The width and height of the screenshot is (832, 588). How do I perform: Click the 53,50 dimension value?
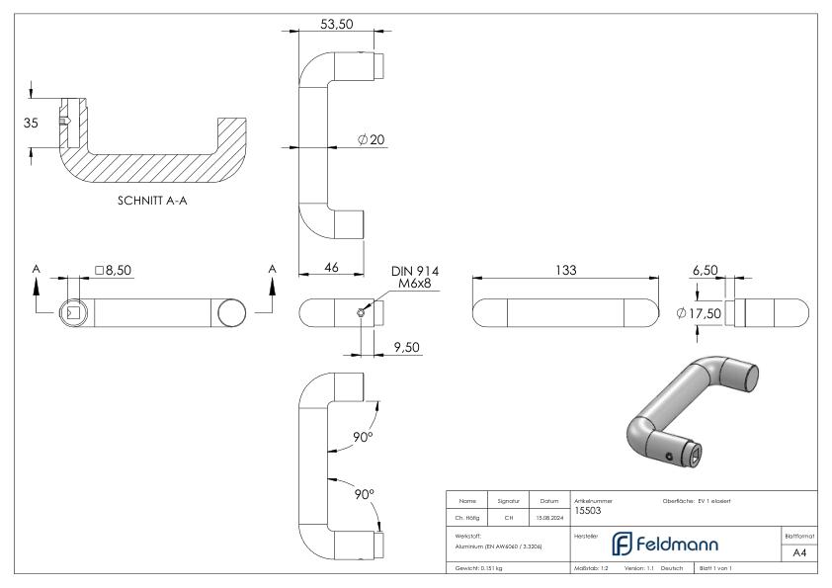tap(335, 23)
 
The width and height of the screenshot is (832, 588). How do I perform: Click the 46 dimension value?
tap(331, 268)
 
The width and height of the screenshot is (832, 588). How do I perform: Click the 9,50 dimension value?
tap(406, 347)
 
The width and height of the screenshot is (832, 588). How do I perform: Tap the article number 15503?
tap(589, 511)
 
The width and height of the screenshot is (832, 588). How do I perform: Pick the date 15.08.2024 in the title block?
tap(549, 516)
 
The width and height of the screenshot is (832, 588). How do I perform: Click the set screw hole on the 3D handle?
tap(670, 457)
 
